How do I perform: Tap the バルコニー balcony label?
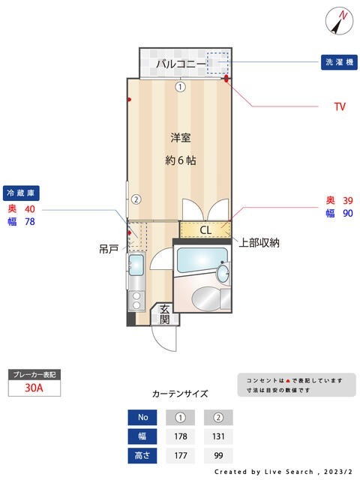coord(181,64)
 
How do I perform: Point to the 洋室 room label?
coord(180,137)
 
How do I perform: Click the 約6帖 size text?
coord(180,160)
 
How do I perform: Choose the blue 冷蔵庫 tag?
coord(20,192)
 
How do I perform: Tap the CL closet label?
coord(205,230)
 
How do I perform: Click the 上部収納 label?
coord(259,242)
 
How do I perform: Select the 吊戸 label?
coord(109,248)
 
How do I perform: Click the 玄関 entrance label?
coord(164,314)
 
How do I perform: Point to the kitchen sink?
coord(135,264)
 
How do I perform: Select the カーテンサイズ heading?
coord(180,393)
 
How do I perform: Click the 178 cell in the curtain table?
coord(180,436)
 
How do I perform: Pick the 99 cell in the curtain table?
coord(218,455)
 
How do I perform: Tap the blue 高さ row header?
coord(142,455)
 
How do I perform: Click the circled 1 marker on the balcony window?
coord(180,86)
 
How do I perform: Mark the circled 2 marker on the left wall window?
coord(136,199)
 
